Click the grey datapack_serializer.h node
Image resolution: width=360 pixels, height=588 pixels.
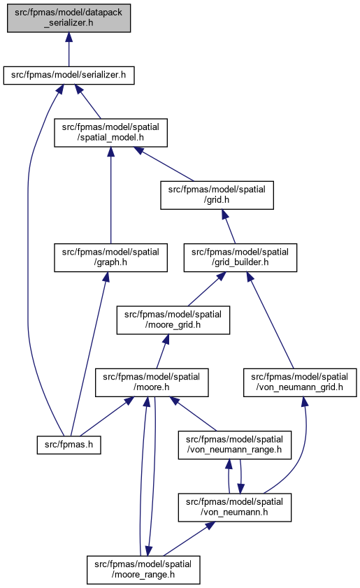pos(69,18)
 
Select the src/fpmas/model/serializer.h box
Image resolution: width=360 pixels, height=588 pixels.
pos(69,76)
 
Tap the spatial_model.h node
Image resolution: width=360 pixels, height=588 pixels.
pos(110,133)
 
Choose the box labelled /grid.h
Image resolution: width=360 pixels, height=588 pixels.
pos(217,195)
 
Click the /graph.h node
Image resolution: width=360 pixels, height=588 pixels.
pos(110,257)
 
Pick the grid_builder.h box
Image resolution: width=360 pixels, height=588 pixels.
pos(240,257)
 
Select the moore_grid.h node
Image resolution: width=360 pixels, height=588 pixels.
pos(173,320)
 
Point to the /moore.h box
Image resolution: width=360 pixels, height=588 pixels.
pos(152,382)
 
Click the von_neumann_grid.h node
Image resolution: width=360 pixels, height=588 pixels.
pos(300,382)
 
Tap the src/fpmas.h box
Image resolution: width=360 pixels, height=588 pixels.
pos(69,445)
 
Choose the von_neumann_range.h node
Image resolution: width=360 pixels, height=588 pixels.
pos(234,445)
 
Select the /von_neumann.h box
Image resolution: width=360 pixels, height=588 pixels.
pos(234,508)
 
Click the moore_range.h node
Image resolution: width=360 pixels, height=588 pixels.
pos(143,570)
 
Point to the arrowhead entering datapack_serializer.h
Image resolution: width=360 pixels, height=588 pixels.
pos(69,37)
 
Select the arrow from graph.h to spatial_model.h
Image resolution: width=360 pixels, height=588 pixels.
pos(110,195)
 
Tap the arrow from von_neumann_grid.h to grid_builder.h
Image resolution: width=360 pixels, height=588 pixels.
pos(270,320)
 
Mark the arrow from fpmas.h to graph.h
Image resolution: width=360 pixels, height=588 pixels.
pos(89,354)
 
